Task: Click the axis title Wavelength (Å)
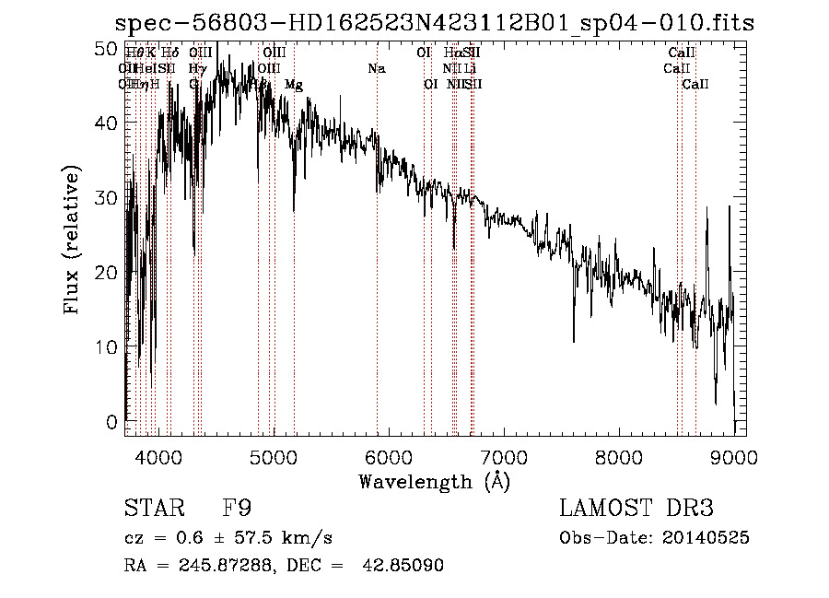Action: point(434,480)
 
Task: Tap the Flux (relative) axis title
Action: point(72,240)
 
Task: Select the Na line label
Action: point(376,69)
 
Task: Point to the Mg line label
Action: point(294,85)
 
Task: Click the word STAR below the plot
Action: point(152,508)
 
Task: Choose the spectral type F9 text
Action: point(237,508)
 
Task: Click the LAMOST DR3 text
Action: point(636,508)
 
